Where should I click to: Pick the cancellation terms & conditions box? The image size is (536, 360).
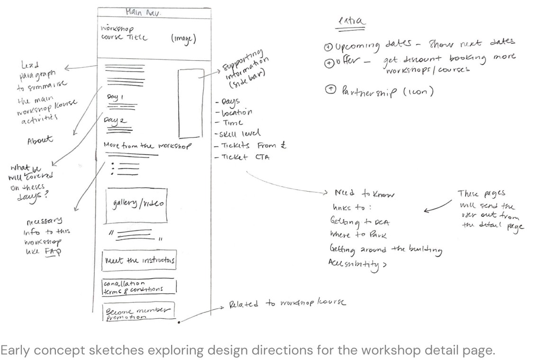(x=139, y=286)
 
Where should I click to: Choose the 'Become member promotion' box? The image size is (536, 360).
(x=138, y=312)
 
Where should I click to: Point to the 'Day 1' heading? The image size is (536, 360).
(x=115, y=97)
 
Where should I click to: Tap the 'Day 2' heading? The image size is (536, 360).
(x=116, y=121)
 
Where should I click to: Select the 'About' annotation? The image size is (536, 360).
(x=40, y=140)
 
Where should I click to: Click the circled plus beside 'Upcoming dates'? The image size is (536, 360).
(x=329, y=47)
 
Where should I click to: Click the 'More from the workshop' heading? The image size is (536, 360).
(x=147, y=146)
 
